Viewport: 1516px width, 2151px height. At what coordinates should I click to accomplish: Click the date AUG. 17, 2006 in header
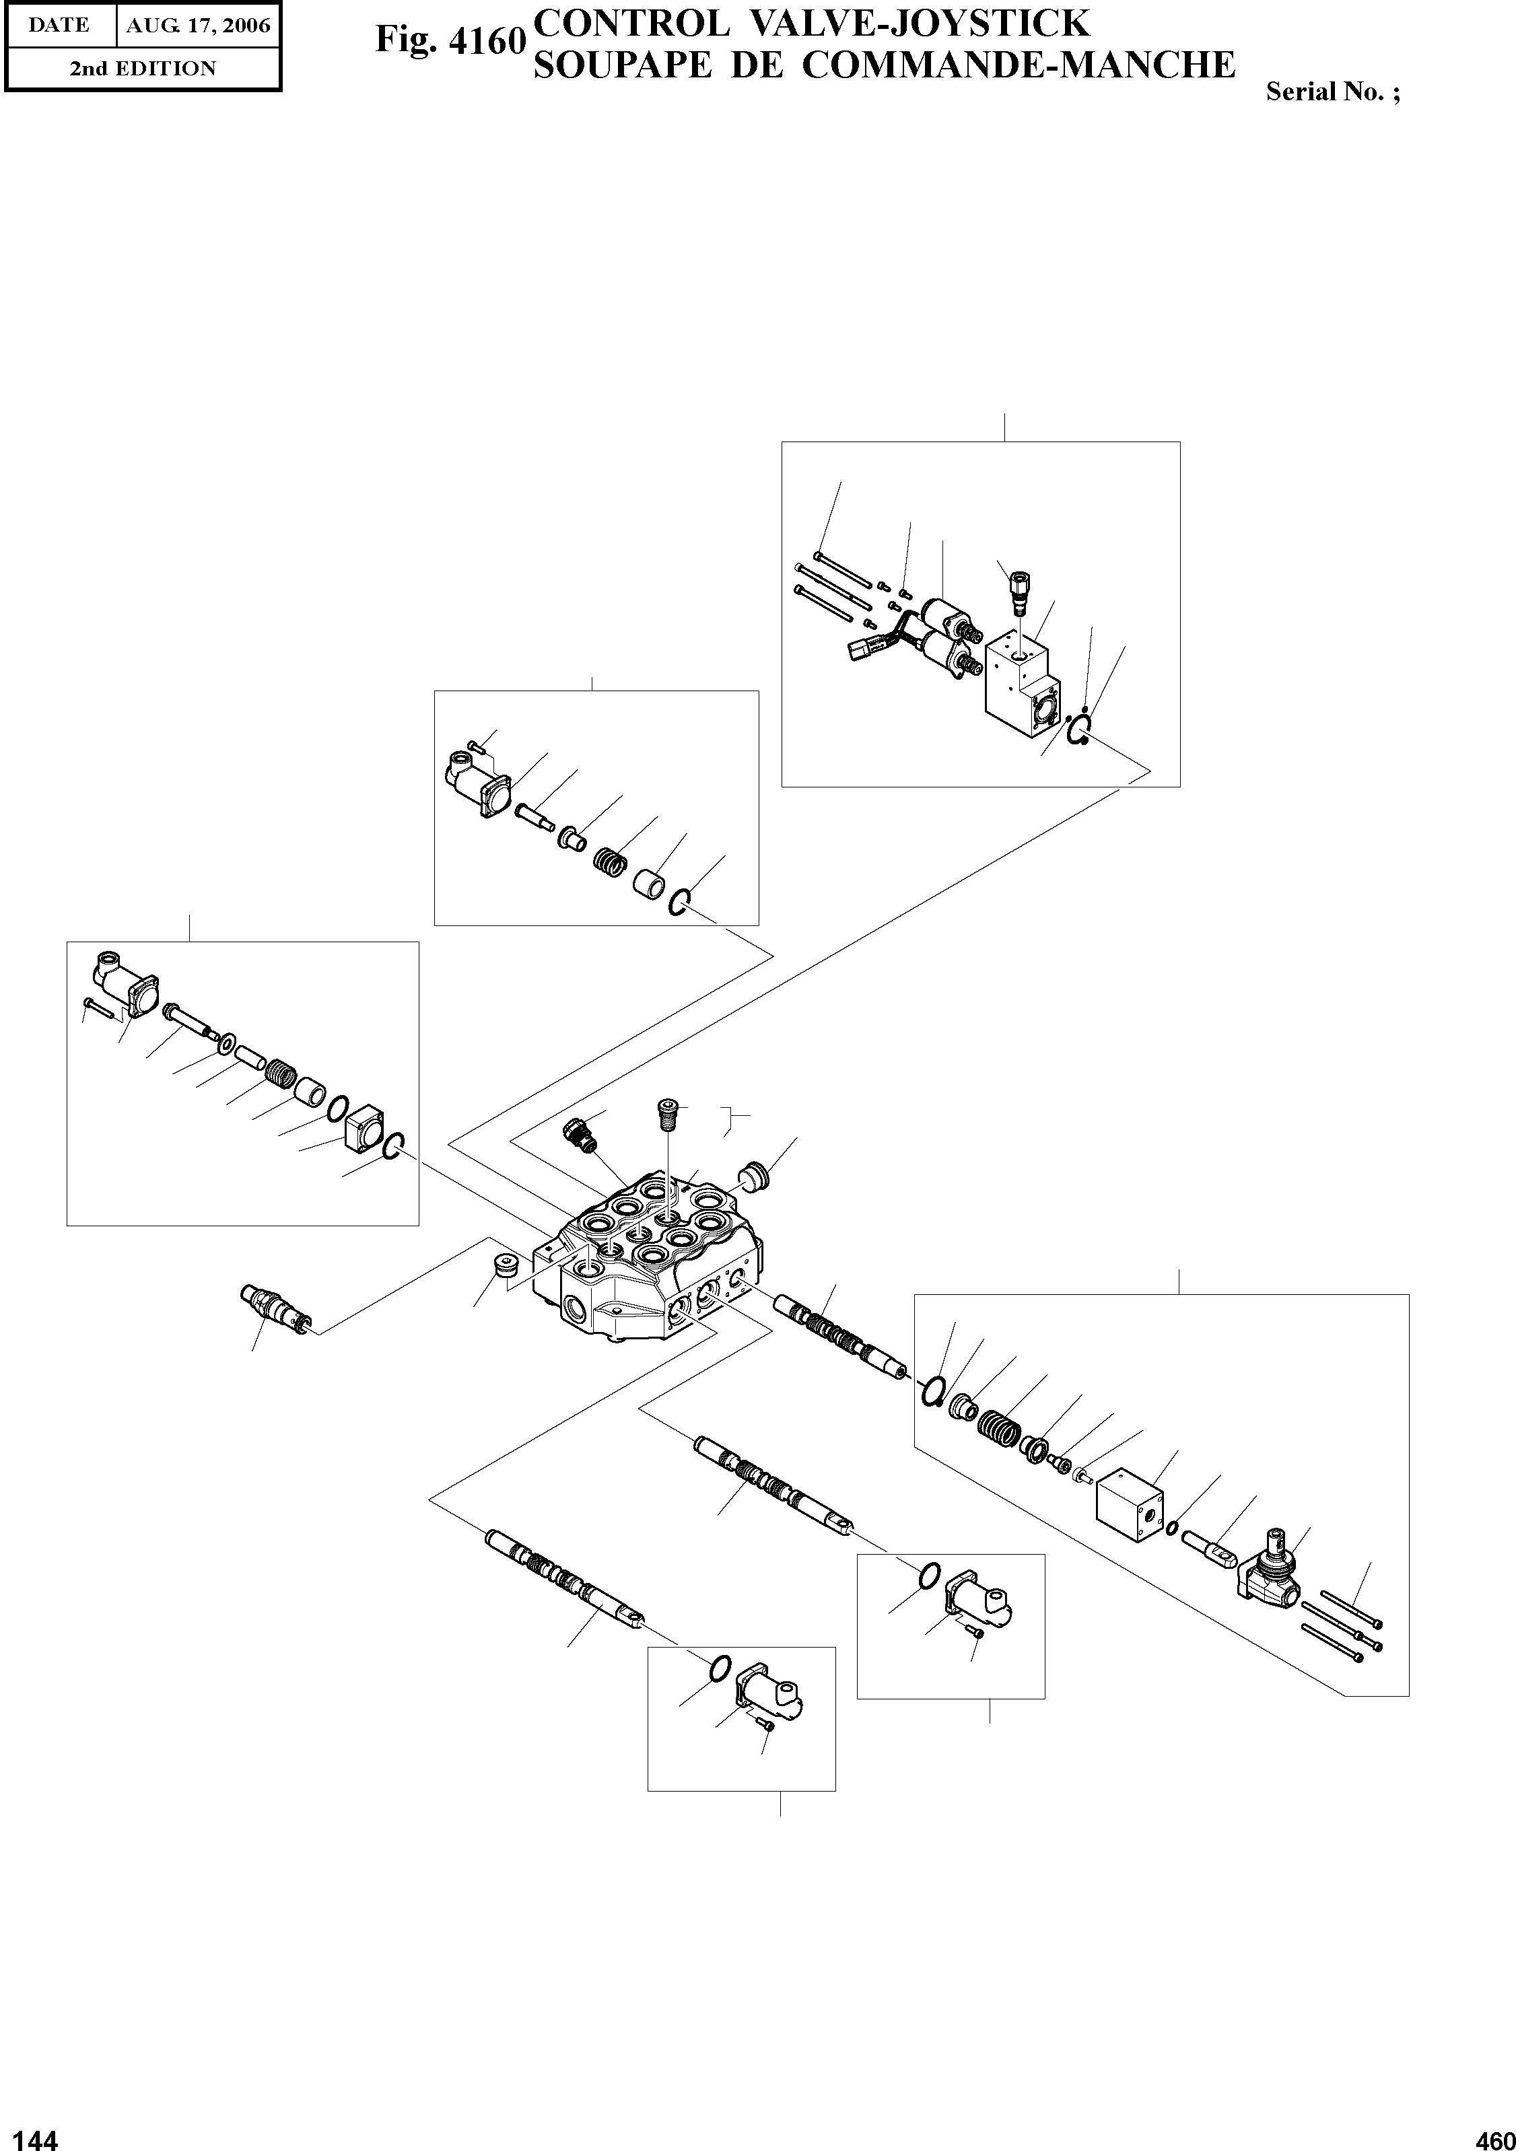198,26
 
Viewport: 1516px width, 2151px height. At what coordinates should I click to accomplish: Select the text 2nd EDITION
143,69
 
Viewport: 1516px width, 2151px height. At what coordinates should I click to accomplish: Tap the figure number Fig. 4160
447,41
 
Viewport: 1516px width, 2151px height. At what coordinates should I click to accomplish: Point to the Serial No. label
1332,92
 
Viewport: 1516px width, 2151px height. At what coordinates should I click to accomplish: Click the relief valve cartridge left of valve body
273,1307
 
